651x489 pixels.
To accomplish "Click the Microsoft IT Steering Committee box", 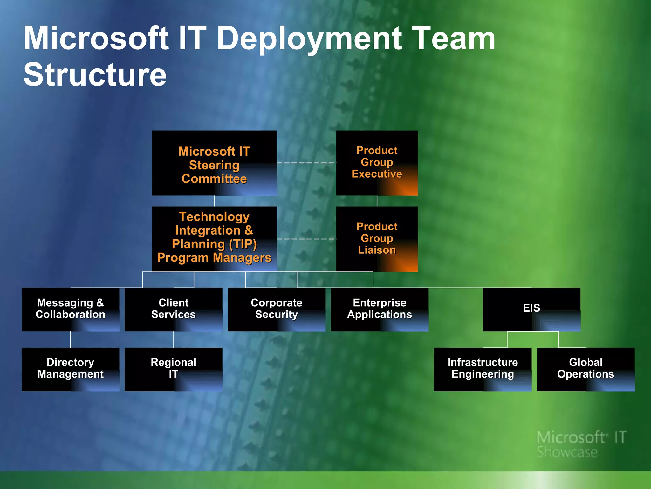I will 214,163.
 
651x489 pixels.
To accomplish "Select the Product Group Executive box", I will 377,163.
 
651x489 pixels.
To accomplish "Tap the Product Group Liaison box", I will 377,239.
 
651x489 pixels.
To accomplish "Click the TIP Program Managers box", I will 214,239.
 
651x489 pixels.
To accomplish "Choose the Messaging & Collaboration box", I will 70,309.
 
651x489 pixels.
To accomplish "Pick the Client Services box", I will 173,309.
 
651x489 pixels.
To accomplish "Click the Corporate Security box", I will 276,309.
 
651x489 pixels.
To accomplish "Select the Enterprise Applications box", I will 379,309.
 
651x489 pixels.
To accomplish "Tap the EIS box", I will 531,309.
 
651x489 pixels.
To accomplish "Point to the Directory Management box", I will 70,369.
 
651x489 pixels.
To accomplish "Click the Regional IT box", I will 173,369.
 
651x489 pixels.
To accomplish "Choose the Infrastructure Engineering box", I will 482,369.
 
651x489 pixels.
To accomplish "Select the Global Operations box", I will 586,369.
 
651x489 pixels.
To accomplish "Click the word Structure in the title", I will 95,74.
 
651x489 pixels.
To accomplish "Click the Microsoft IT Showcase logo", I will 581,444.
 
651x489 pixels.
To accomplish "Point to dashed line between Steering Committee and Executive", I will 306,163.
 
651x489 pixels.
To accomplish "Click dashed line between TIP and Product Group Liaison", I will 306,239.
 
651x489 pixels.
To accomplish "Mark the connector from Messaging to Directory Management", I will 71,339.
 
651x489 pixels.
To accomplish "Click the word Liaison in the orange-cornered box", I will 377,250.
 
